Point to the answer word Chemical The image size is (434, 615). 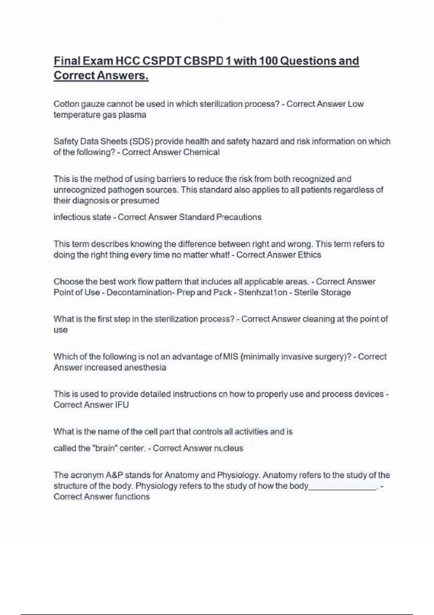click(x=201, y=152)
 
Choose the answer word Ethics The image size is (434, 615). click(x=309, y=255)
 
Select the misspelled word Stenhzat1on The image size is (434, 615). click(x=263, y=292)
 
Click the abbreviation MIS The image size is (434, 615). click(x=230, y=357)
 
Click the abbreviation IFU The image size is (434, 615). click(x=122, y=405)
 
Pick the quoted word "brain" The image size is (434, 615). click(x=105, y=448)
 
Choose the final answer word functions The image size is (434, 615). click(x=132, y=497)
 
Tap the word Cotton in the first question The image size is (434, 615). click(x=66, y=104)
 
